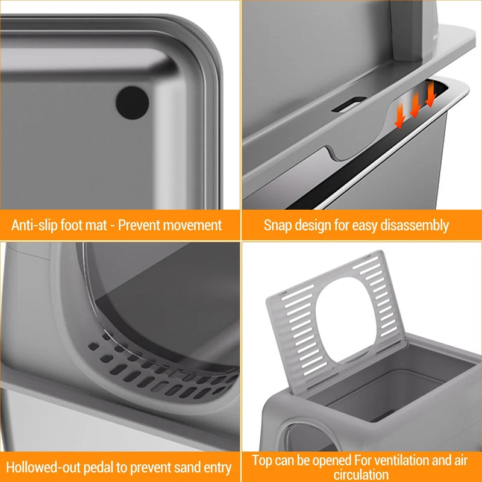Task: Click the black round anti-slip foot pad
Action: (x=132, y=102)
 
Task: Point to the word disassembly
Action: (x=415, y=225)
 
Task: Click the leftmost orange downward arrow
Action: (x=399, y=116)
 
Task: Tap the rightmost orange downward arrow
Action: (x=431, y=94)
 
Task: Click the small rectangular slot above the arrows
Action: (x=349, y=104)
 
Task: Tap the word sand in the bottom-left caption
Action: (x=188, y=468)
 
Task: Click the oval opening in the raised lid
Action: (x=346, y=321)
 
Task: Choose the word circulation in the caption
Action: (x=361, y=474)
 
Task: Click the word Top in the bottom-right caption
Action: (x=262, y=461)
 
